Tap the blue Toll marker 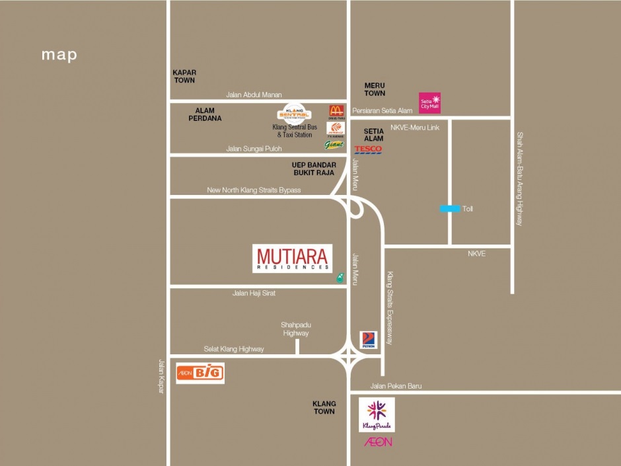click(451, 209)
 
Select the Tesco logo click(368, 150)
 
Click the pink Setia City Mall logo click(429, 102)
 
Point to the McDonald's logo click(336, 112)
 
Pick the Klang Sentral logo click(293, 111)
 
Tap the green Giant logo click(334, 145)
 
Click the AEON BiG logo click(200, 373)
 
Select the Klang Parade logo click(377, 414)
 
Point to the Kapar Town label click(185, 76)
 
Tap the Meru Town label click(375, 89)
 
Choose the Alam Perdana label click(209, 114)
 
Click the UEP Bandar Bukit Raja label click(314, 169)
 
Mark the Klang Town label click(324, 407)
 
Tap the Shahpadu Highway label click(295, 329)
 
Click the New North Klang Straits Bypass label click(254, 190)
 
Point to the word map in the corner click(59, 55)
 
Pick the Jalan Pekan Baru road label click(396, 386)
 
